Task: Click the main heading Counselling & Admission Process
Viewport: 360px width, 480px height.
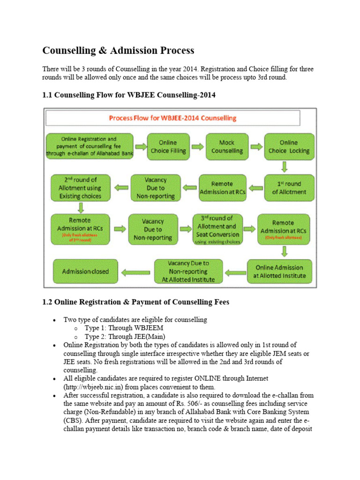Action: click(x=118, y=51)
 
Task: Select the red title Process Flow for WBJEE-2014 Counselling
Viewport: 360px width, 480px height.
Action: click(x=172, y=118)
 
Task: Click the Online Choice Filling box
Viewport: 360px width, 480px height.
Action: click(x=168, y=147)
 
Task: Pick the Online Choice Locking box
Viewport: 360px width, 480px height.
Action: click(x=288, y=147)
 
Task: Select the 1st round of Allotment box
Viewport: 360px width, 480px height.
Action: click(x=289, y=187)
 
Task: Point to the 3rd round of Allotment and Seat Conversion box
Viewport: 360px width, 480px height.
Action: click(x=217, y=230)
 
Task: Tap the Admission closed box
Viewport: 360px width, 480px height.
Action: click(x=85, y=271)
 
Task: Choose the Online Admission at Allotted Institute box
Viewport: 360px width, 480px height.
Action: click(x=280, y=271)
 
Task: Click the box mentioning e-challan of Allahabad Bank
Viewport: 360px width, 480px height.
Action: click(x=90, y=147)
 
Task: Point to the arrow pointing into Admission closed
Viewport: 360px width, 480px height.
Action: click(x=136, y=271)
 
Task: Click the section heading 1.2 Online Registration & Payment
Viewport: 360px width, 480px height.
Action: click(x=136, y=302)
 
